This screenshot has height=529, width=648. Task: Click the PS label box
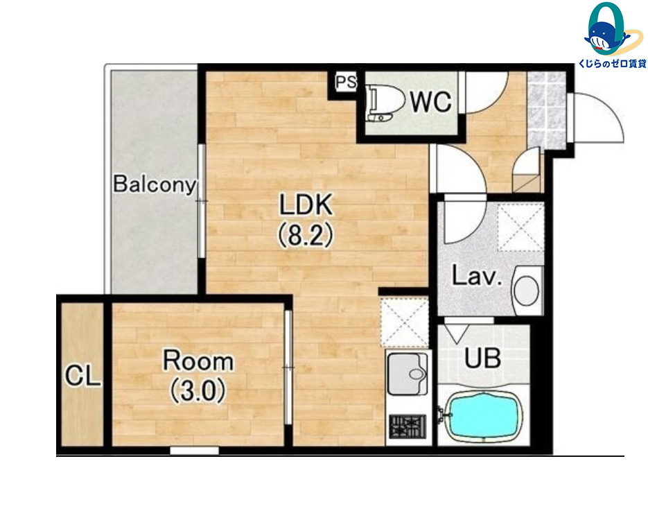click(x=346, y=81)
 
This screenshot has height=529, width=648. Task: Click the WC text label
click(x=430, y=101)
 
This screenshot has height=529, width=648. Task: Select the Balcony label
click(x=154, y=184)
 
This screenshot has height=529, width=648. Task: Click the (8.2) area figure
click(x=305, y=236)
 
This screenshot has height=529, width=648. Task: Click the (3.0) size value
click(x=198, y=391)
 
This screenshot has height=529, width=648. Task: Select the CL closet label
click(x=82, y=375)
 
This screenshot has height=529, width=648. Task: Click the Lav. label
click(x=477, y=276)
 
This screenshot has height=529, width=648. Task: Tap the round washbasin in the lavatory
click(x=526, y=290)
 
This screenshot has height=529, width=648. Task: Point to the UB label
click(x=482, y=358)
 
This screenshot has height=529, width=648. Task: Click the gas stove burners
click(x=407, y=426)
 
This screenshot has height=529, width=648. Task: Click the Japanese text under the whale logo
click(x=612, y=63)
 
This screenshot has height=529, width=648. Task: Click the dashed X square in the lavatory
click(x=520, y=227)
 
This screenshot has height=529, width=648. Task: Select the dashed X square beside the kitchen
click(x=405, y=322)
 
